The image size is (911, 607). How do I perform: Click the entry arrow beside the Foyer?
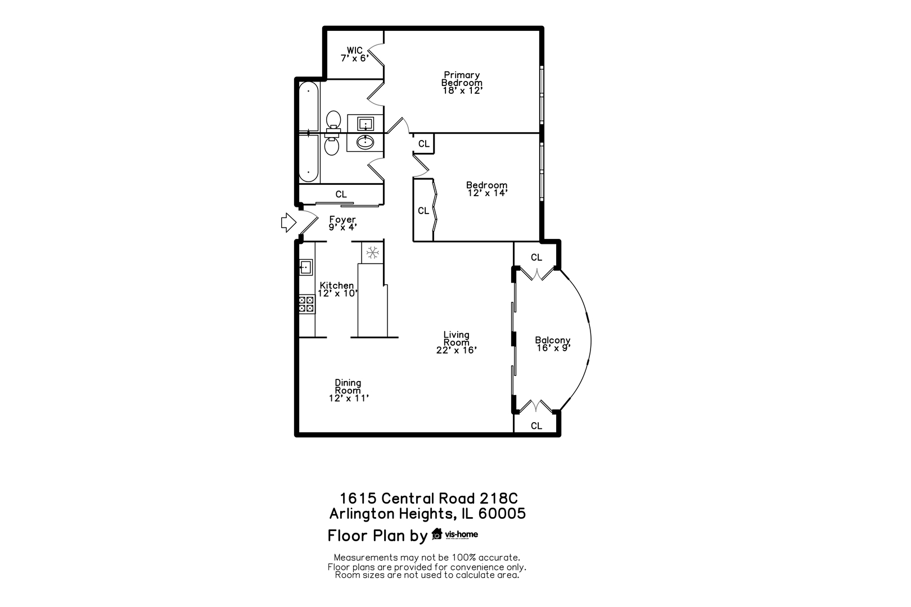(288, 223)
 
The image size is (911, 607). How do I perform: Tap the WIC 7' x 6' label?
(355, 54)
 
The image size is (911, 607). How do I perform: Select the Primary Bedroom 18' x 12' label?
(462, 83)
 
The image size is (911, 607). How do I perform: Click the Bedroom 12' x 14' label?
(487, 189)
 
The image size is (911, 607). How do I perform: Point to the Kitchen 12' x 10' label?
(337, 289)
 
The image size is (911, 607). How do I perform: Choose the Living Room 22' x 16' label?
(456, 342)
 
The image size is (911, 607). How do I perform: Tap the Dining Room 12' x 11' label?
(348, 391)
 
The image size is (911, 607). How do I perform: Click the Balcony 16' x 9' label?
(553, 344)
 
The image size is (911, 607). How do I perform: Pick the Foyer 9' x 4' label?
(342, 223)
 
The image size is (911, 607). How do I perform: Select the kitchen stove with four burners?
(306, 304)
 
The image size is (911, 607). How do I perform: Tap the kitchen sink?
(305, 267)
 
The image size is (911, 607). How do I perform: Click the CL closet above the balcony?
(536, 257)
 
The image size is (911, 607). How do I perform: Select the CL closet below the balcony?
(536, 425)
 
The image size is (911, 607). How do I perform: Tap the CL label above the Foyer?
(341, 194)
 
